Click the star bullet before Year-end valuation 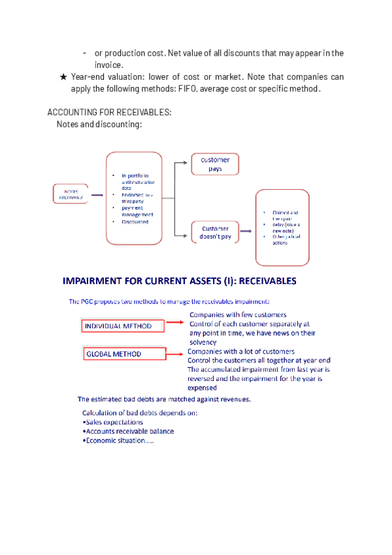click(x=63, y=77)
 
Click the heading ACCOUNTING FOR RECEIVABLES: click(x=109, y=112)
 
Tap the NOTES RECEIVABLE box click(x=71, y=194)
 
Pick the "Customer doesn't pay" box click(x=216, y=232)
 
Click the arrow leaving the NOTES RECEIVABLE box click(x=97, y=194)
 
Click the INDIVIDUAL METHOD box click(x=122, y=326)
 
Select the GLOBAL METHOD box click(x=122, y=354)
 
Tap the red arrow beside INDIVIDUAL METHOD click(x=174, y=322)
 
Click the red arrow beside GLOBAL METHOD click(x=174, y=353)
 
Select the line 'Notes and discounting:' click(x=99, y=124)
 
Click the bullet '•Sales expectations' click(x=112, y=422)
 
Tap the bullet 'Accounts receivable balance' click(x=128, y=431)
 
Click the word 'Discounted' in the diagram click(x=135, y=221)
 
